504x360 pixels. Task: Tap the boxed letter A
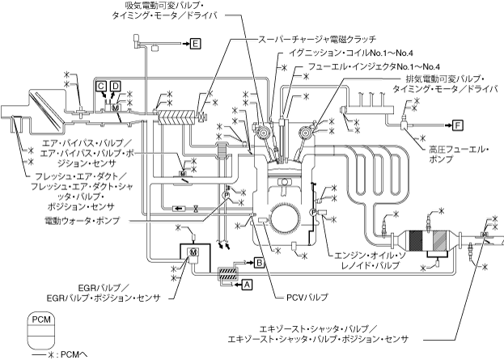click(x=248, y=283)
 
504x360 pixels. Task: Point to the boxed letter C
click(x=101, y=85)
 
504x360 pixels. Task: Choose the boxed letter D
click(x=115, y=85)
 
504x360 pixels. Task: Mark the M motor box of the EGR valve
click(x=193, y=253)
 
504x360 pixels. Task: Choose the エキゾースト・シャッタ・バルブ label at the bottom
click(x=320, y=332)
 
